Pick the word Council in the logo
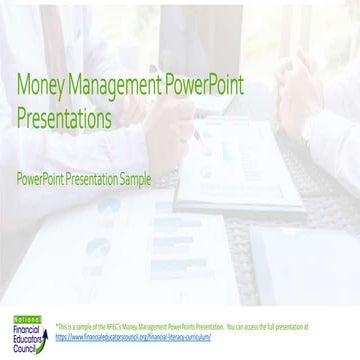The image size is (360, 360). pyautogui.click(x=20, y=337)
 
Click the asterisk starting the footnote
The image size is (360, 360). pyautogui.click(x=56, y=327)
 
